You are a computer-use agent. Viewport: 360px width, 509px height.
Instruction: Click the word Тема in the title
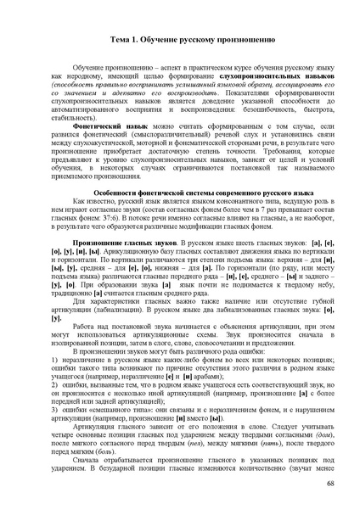click(121, 40)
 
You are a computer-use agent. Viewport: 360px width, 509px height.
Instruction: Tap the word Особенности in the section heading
click(109, 193)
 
